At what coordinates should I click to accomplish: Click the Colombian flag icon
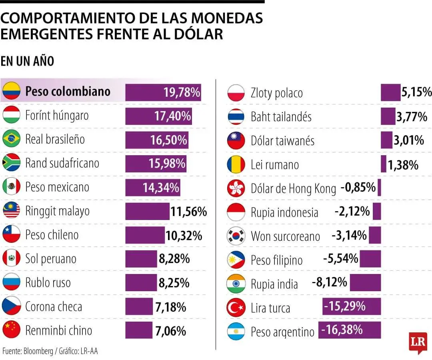[x=11, y=91]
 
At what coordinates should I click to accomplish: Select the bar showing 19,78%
[x=163, y=92]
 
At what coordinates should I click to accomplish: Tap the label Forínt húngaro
[x=57, y=116]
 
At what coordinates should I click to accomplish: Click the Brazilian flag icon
[x=11, y=139]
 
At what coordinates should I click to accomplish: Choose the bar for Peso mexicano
[x=152, y=187]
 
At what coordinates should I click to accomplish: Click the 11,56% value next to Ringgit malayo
[x=188, y=211]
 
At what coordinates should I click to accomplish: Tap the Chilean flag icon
[x=11, y=234]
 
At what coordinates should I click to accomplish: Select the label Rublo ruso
[x=48, y=283]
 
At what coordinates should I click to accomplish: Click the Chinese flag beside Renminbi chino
[x=11, y=330]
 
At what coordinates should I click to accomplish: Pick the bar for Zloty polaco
[x=390, y=92]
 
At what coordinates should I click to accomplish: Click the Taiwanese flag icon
[x=236, y=140]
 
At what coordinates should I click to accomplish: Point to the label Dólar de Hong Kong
[x=293, y=188]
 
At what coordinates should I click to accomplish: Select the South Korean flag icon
[x=236, y=236]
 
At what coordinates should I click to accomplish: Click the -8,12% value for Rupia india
[x=329, y=282]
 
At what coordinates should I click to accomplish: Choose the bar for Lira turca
[x=352, y=307]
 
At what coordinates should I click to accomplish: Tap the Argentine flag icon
[x=236, y=331]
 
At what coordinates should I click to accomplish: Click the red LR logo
[x=418, y=342]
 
